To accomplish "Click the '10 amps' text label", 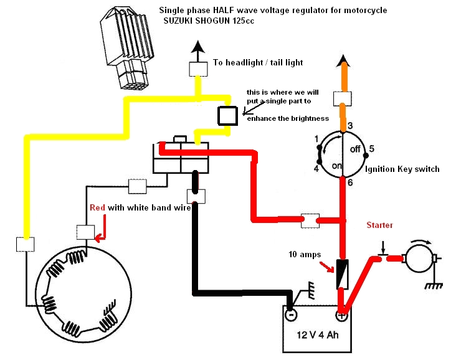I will click(303, 255).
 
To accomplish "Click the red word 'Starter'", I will click(379, 225).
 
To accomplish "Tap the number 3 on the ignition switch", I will click(351, 126).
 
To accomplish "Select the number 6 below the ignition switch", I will click(350, 182).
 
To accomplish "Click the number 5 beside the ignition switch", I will click(372, 149).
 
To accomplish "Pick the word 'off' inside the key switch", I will click(356, 149).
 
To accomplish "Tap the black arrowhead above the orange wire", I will click(341, 62).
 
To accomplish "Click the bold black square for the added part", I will click(227, 115).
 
